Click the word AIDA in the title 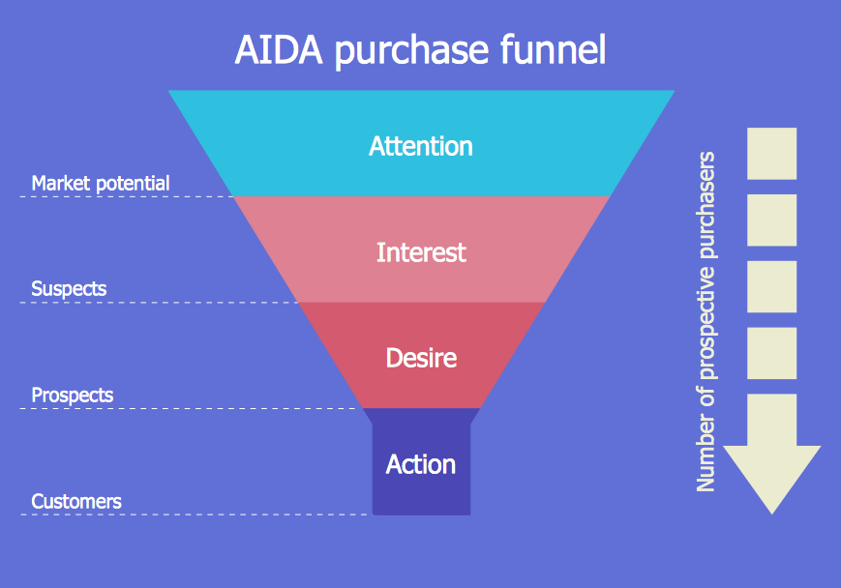[279, 50]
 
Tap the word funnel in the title [553, 48]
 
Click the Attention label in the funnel [421, 146]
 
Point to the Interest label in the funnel [421, 252]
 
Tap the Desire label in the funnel [421, 358]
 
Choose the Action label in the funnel [421, 464]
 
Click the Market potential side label [101, 184]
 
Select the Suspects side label [69, 289]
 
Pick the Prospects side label [73, 396]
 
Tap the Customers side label [76, 502]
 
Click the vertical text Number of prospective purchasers [706, 322]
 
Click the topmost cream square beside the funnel [772, 154]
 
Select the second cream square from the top [772, 220]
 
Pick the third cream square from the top [772, 287]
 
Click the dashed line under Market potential [127, 196]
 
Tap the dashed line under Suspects [159, 303]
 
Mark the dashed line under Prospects [192, 408]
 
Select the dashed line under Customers [196, 514]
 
